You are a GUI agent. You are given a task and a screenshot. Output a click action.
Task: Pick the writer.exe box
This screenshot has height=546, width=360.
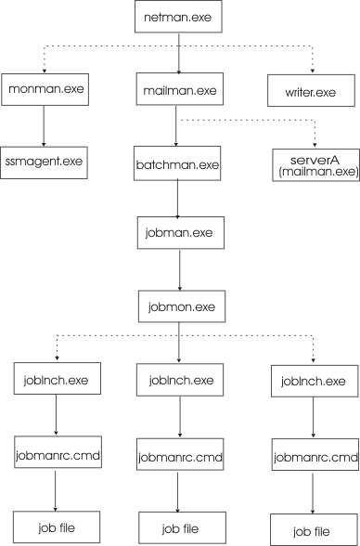point(314,92)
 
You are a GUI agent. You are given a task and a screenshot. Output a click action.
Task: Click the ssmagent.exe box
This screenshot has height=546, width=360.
point(43,161)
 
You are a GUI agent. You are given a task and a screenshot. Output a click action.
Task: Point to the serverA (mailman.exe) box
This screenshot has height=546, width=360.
point(314,164)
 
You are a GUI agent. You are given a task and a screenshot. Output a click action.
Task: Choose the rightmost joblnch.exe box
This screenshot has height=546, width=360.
point(314,382)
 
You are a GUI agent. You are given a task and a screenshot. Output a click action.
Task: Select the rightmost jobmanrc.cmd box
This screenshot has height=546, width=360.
point(314,456)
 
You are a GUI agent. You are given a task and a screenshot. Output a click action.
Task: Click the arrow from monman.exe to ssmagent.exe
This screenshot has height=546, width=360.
point(43,125)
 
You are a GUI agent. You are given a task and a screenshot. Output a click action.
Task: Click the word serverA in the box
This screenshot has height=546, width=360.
point(314,158)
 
